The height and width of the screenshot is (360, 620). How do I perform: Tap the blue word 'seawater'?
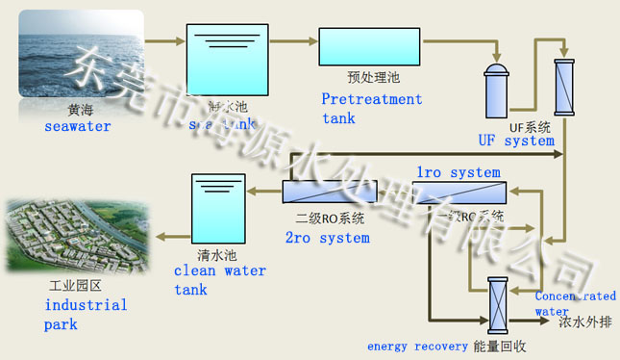[x=77, y=126]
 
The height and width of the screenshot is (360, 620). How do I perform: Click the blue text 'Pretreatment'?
[x=371, y=99]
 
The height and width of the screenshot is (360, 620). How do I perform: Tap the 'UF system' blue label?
[x=516, y=141]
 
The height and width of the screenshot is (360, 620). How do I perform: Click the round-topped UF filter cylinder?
[x=497, y=89]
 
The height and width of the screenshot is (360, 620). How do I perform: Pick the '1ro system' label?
[x=458, y=172]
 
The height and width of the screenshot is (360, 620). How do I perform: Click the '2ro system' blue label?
[x=328, y=238]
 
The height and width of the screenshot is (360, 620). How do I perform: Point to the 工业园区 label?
[x=75, y=287]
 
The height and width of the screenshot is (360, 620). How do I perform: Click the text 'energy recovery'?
[x=416, y=345]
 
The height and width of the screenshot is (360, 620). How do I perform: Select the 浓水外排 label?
[x=584, y=322]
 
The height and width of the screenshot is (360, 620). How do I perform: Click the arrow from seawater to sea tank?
[x=164, y=40]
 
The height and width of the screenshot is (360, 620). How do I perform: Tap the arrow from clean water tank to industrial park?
[x=171, y=237]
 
